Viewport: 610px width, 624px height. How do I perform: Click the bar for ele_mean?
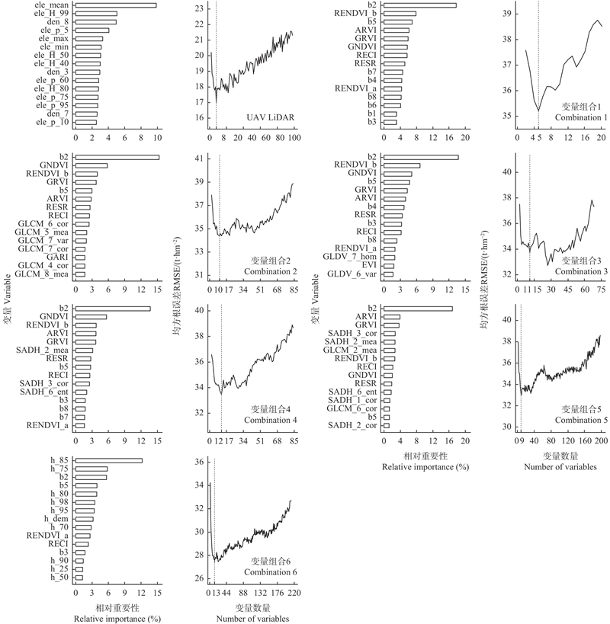[115, 5]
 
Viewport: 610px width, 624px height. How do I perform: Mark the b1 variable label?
[371, 113]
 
